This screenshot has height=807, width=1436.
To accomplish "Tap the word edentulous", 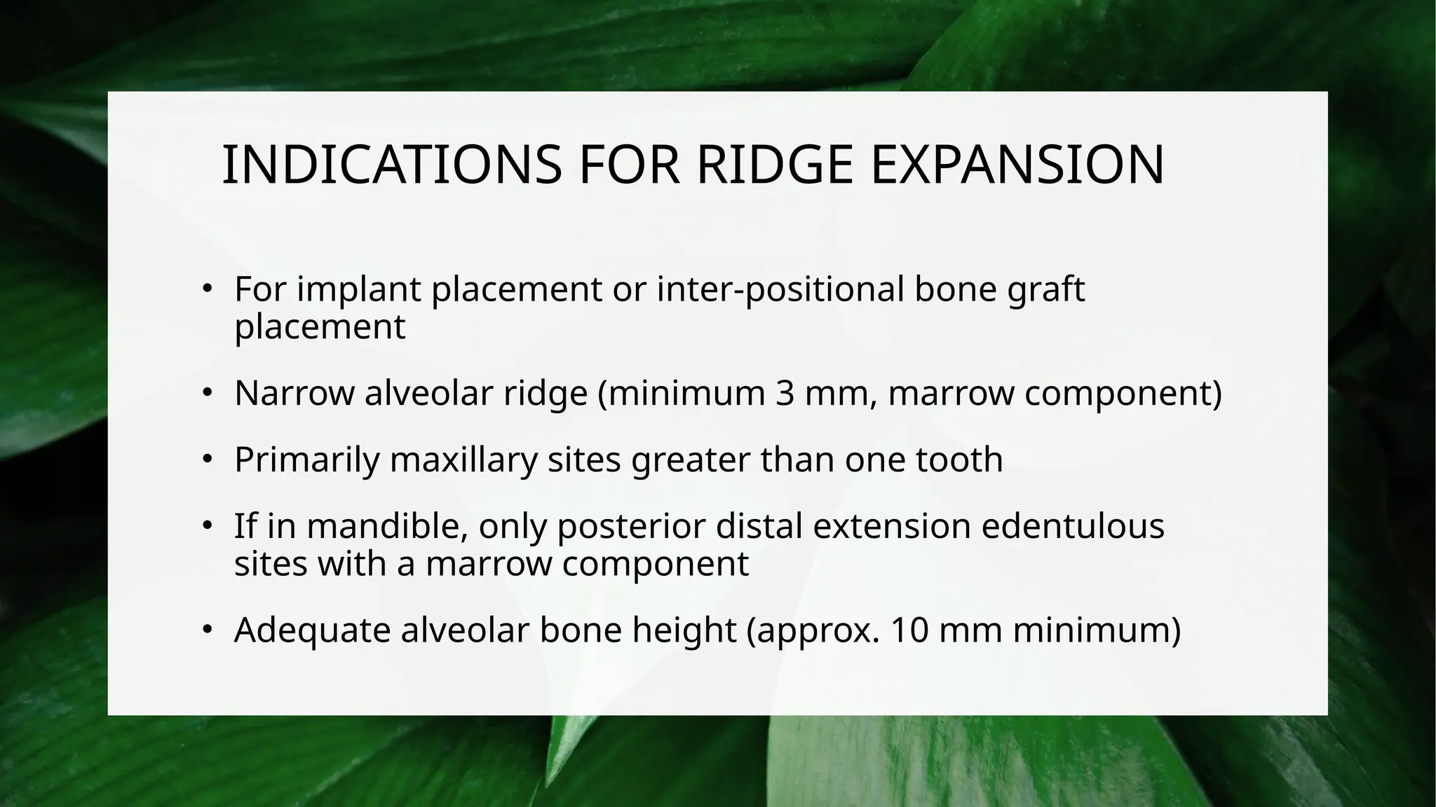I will (x=1072, y=526).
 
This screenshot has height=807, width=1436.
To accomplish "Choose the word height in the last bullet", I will (x=684, y=630).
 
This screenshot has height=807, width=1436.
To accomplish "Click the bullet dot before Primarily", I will (x=207, y=460).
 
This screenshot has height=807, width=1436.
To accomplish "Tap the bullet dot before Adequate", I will (x=207, y=629).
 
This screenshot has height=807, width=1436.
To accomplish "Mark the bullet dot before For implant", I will (x=207, y=289).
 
